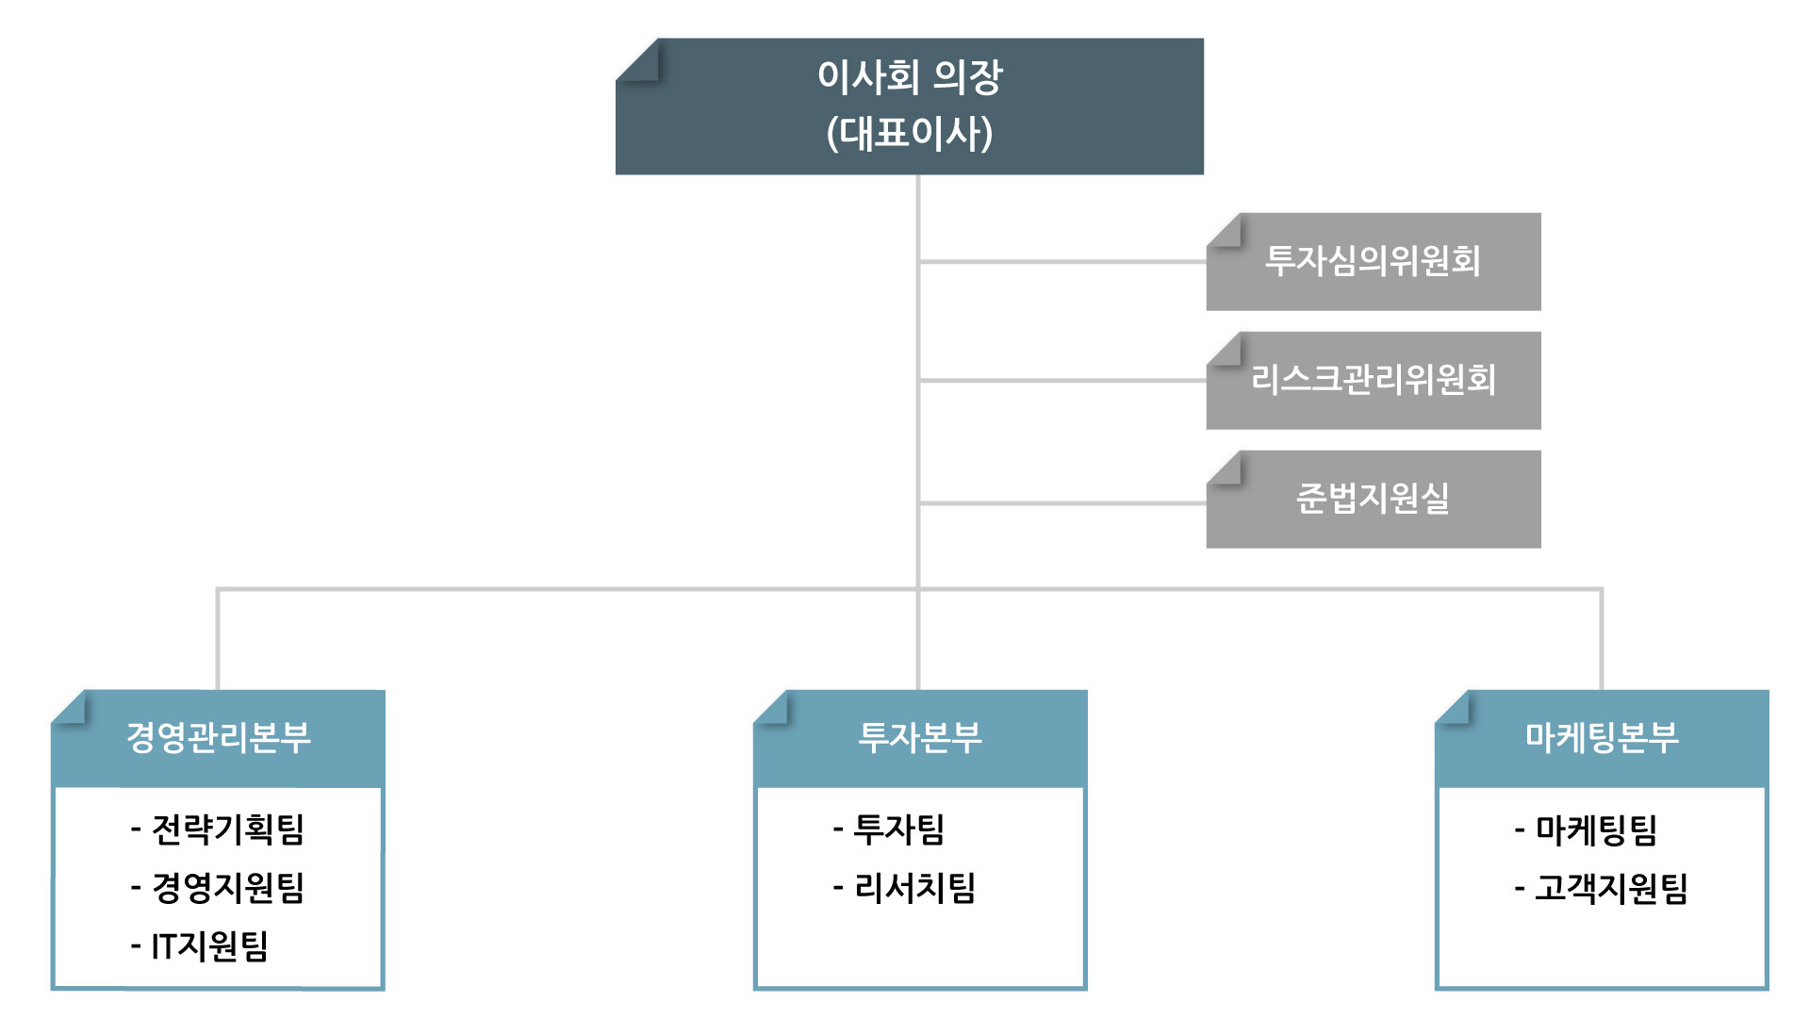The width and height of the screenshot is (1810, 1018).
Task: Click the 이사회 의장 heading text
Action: [x=910, y=76]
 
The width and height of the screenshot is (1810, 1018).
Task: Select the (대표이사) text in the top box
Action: [x=910, y=133]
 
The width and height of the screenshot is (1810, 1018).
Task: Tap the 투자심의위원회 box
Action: [x=1374, y=262]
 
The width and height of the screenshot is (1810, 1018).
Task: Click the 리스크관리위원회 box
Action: [x=1374, y=381]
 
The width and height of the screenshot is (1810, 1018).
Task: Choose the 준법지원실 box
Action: [x=1374, y=500]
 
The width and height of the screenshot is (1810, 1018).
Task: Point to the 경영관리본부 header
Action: [x=218, y=738]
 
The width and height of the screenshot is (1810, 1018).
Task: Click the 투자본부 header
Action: [x=920, y=738]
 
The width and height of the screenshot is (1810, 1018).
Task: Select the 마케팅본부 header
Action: [x=1602, y=738]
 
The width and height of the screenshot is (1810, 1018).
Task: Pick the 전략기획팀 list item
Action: [x=218, y=829]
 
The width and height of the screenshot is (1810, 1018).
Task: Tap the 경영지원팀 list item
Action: [x=218, y=888]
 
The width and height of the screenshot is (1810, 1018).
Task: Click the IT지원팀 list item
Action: [x=200, y=946]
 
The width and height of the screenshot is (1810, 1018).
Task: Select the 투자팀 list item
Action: [x=889, y=829]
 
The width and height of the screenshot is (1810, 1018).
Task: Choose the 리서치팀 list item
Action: [x=904, y=888]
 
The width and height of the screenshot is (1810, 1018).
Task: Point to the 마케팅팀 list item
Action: [x=1586, y=829]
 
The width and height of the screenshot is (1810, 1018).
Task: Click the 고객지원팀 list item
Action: [x=1601, y=888]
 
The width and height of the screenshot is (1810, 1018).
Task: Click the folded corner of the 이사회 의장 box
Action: [x=638, y=59]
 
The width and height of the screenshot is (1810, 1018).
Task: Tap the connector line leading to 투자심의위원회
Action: [x=1062, y=261]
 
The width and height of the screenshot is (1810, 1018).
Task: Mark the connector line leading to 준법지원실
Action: [x=1062, y=503]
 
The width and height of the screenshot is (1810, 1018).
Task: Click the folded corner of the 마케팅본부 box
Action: [x=1453, y=708]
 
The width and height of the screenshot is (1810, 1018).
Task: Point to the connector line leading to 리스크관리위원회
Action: [x=1062, y=380]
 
